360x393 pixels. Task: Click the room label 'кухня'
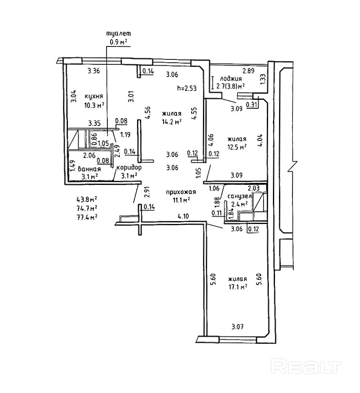tap(93, 97)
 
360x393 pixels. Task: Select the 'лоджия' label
tap(231, 79)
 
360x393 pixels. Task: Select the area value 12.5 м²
tap(237, 147)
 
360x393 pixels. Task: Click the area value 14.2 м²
tap(171, 121)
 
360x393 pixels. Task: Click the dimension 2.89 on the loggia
tap(249, 70)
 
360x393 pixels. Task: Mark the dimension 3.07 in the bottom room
tap(238, 326)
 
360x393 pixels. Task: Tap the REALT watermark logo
tap(305, 367)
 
